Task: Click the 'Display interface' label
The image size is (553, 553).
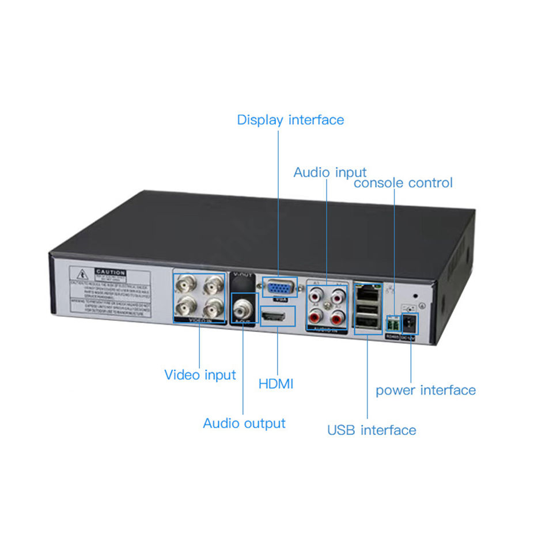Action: pos(290,120)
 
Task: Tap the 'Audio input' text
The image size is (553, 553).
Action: pos(329,172)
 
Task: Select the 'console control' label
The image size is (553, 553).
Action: pos(403,183)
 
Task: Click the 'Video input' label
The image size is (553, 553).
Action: pos(200,375)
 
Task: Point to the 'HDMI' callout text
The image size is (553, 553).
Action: pos(276,384)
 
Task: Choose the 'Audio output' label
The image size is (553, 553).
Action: pos(244,423)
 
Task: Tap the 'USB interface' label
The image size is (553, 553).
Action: pos(372,430)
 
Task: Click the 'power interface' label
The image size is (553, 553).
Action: pos(426,391)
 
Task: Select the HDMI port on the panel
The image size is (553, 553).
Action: pos(277,316)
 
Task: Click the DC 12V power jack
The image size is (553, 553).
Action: pos(410,323)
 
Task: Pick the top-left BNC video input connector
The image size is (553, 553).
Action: pos(187,284)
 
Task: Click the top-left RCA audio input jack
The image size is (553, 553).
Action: pos(316,296)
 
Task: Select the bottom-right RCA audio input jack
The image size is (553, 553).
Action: pos(338,317)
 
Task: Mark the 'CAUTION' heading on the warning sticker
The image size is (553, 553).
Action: pos(111,272)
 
